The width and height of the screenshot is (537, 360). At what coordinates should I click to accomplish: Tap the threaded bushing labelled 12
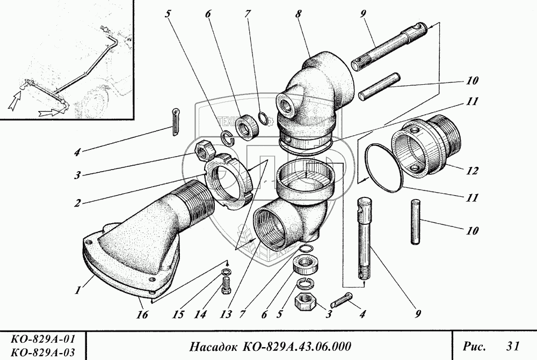click(424, 148)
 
